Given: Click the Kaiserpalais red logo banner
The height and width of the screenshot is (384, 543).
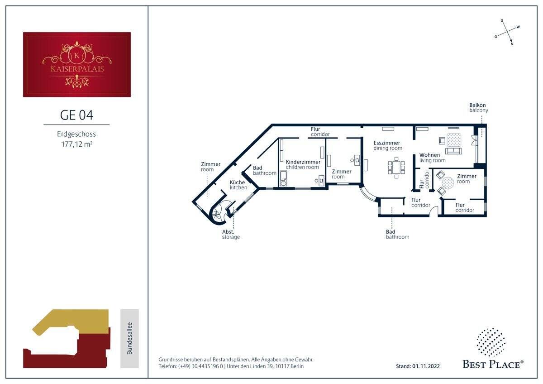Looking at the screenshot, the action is click(x=77, y=64).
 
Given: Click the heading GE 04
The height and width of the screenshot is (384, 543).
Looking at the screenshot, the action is click(x=76, y=115).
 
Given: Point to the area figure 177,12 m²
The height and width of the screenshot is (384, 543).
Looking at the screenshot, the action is click(x=76, y=144).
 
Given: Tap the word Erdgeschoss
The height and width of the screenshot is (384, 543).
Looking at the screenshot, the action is click(x=76, y=134).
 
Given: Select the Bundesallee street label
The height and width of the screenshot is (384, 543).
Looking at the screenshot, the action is click(x=130, y=338).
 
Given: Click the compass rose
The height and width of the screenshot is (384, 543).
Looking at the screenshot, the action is click(x=507, y=32).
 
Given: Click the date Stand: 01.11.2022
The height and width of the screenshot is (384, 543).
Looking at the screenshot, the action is click(x=418, y=366).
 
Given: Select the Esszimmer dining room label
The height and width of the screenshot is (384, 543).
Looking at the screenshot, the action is click(x=388, y=145).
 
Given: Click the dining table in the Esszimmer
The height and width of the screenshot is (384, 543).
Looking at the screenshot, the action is click(x=396, y=168).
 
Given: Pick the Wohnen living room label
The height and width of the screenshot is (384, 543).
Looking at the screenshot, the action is click(x=433, y=158).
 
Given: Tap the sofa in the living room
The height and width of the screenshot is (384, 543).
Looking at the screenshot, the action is click(x=453, y=151).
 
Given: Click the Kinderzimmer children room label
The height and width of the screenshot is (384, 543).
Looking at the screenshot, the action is click(x=303, y=164).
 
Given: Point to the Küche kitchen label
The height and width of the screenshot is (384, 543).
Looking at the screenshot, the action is click(x=238, y=185).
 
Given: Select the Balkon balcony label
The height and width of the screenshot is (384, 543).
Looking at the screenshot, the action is click(x=479, y=108).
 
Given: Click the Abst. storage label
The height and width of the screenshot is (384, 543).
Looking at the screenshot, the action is click(x=231, y=234).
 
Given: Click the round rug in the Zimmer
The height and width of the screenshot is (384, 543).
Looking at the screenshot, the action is click(x=448, y=183).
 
